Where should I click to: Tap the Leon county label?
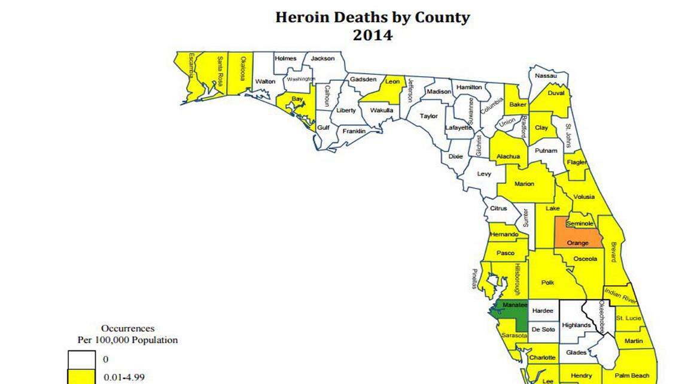pyautogui.click(x=392, y=81)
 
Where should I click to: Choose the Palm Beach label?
pyautogui.click(x=631, y=376)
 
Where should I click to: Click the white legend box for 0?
pyautogui.click(x=80, y=359)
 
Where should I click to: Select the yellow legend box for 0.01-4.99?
pyautogui.click(x=80, y=377)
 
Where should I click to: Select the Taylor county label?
pyautogui.click(x=428, y=116)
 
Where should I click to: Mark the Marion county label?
pyautogui.click(x=524, y=184)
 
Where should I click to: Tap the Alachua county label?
pyautogui.click(x=507, y=157)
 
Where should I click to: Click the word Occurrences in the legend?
pyautogui.click(x=127, y=328)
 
